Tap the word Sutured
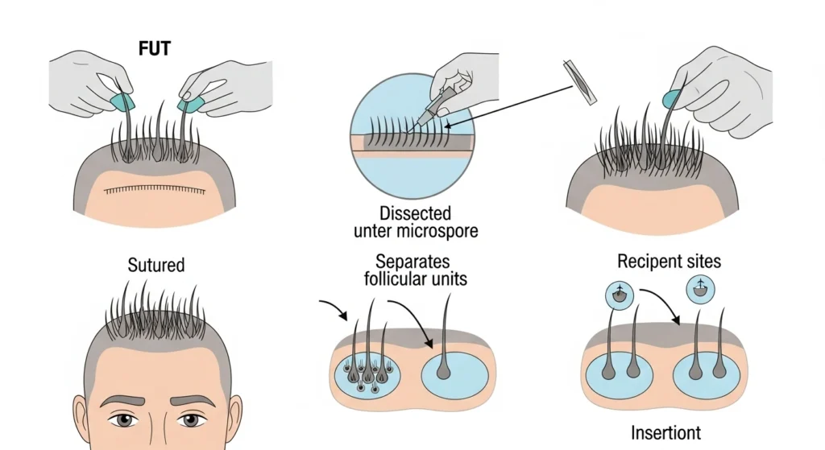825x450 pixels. click(156, 264)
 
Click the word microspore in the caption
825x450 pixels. click(441, 232)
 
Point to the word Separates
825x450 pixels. click(412, 262)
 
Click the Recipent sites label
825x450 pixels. click(670, 261)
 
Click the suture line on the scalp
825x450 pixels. click(160, 190)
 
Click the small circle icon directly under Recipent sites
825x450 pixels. click(620, 295)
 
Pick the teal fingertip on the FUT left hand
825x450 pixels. click(121, 101)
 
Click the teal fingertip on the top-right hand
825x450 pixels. click(670, 99)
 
